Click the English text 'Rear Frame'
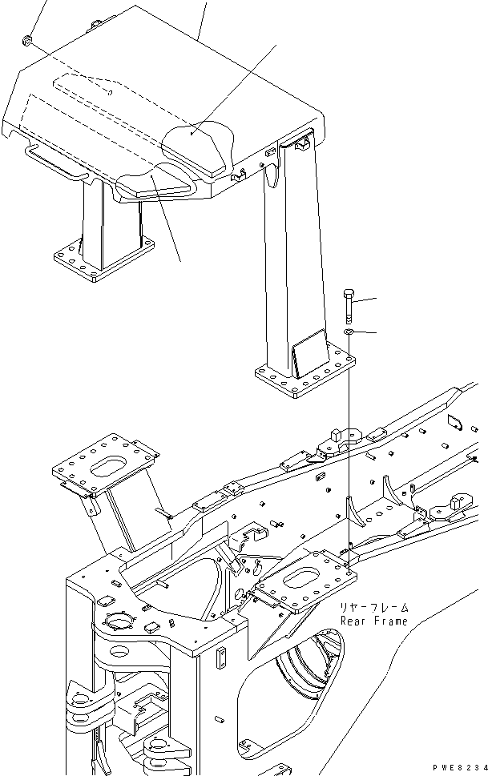pyautogui.click(x=373, y=621)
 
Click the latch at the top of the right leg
pyautogui.click(x=302, y=143)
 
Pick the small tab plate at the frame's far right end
pyautogui.click(x=453, y=419)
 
